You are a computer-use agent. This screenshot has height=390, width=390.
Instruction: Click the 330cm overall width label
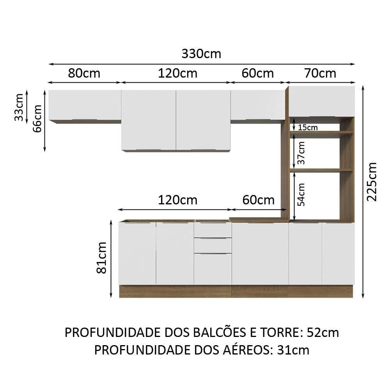point(201,54)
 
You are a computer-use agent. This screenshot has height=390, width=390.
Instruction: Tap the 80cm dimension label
point(84,73)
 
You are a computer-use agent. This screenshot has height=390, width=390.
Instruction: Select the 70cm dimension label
point(320,73)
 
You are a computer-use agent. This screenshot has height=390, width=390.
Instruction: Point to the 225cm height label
point(372,181)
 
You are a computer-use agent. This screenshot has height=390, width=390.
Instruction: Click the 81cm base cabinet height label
point(102,257)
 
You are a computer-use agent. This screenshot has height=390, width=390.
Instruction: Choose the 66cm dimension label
point(37,119)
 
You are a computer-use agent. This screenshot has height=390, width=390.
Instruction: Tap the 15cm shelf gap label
point(308,128)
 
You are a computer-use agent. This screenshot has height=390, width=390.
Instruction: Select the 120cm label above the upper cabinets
point(177,73)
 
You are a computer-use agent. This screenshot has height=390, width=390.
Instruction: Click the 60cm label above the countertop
point(258,200)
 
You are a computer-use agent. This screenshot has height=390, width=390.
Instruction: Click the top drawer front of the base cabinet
point(213,230)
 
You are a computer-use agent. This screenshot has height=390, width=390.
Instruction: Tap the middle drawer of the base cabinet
point(213,245)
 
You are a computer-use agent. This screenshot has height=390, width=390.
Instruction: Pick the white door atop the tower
point(322,101)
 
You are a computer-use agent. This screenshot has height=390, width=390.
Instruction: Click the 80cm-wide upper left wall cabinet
point(85,105)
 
